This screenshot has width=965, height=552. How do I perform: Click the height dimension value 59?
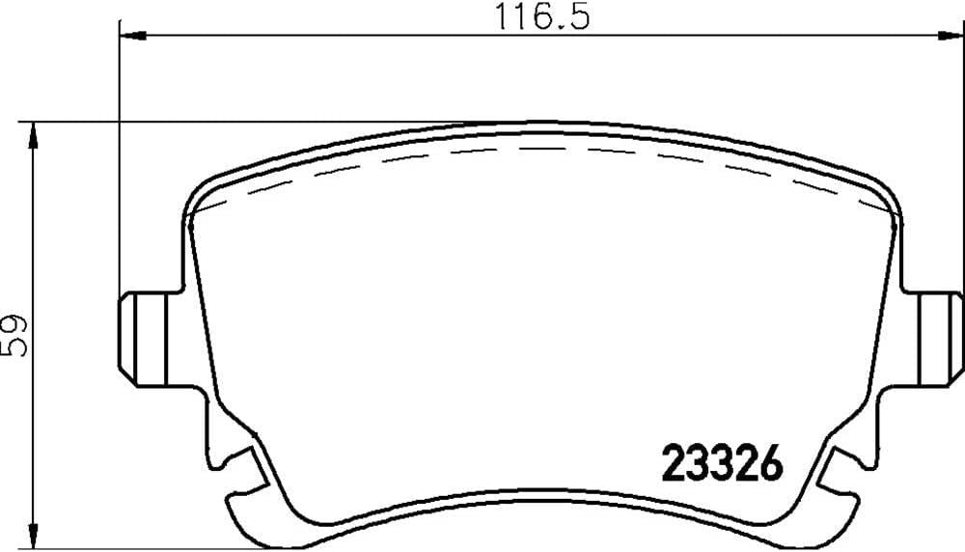click(14, 336)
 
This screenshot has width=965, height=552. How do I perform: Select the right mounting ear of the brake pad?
click(934, 339)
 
